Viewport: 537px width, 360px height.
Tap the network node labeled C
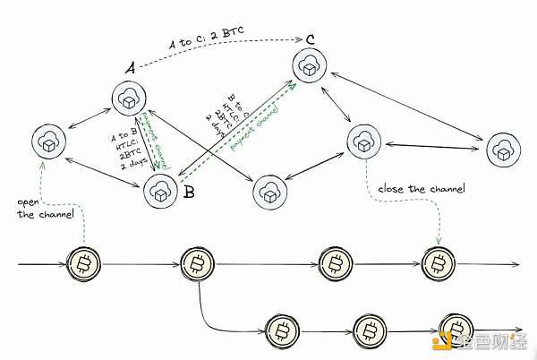[x=311, y=67]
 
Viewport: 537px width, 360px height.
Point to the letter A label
[x=130, y=67]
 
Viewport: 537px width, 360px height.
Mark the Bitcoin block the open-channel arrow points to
[x=85, y=264]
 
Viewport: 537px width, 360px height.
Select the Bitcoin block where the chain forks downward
[x=197, y=264]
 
